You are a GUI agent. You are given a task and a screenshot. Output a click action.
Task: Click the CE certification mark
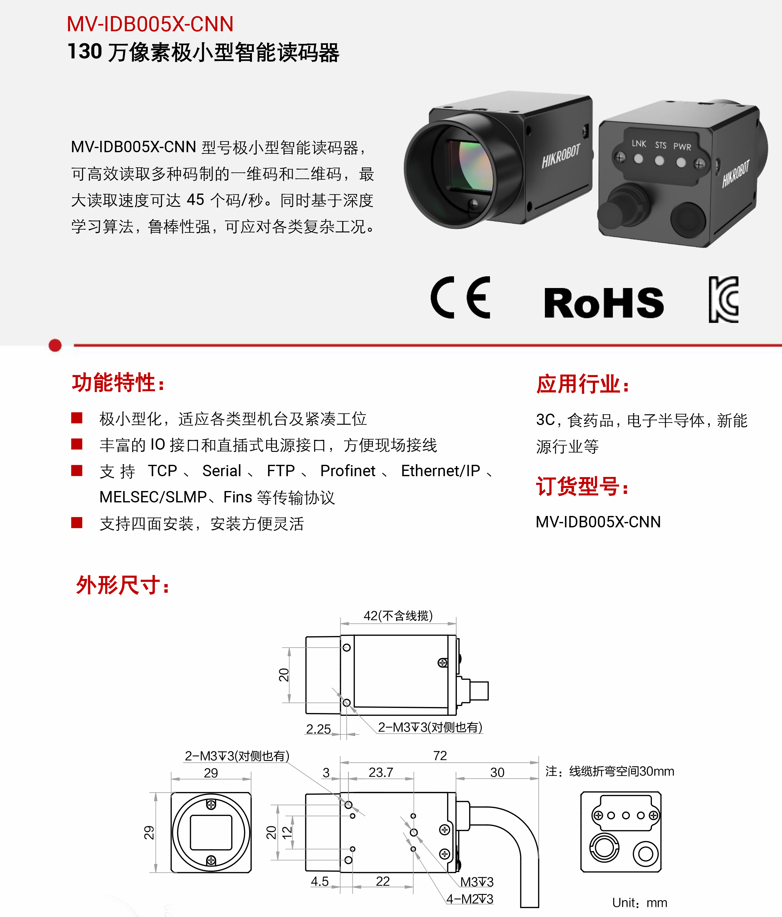461,297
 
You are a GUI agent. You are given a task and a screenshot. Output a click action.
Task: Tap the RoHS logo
604,303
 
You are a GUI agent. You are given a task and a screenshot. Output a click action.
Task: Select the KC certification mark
723,299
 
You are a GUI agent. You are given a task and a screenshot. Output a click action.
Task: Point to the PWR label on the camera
682,147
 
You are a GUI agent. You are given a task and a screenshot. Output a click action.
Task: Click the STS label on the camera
660,145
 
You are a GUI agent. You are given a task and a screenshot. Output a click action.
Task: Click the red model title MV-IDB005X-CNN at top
150,24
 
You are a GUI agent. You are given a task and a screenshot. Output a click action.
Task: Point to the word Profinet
348,471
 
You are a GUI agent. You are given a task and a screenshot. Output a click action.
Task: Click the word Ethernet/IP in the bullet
440,471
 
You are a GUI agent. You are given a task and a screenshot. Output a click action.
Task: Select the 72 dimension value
440,755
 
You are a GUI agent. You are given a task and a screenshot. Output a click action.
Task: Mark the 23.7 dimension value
381,772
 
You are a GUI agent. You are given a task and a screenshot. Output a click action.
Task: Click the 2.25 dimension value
318,729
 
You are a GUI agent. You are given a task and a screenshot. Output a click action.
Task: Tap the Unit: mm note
640,902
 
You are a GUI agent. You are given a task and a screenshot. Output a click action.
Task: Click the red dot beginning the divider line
55,345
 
